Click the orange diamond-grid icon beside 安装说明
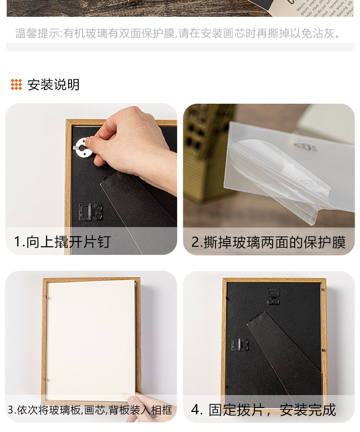16,85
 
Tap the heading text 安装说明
53,85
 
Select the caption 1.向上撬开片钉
62,241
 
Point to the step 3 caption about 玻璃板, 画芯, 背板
90,410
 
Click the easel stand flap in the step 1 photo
137,206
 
